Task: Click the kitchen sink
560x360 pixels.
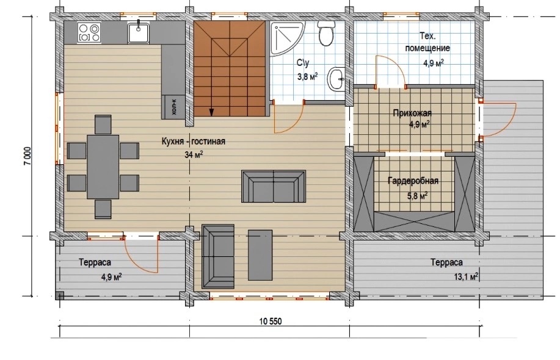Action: pos(139,32)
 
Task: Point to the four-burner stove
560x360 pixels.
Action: pos(89,32)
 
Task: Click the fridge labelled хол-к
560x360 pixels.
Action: pos(173,107)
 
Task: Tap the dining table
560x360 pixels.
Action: pos(103,167)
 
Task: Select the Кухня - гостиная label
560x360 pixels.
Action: pos(193,142)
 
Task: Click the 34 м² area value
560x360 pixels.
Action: pos(194,154)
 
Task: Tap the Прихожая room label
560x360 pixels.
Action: pos(412,113)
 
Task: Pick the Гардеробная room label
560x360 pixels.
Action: pos(413,181)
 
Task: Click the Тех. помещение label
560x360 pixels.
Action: pos(427,41)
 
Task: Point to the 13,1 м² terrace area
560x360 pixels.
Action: pos(466,276)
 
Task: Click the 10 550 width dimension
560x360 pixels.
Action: pos(271,322)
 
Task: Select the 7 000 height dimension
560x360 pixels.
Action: pos(29,156)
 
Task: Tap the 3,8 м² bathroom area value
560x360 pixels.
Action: pos(307,76)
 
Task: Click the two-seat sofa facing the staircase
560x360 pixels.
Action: pos(274,187)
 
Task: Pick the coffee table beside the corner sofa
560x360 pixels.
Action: pos(260,255)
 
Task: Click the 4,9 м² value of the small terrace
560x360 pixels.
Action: pos(112,277)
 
